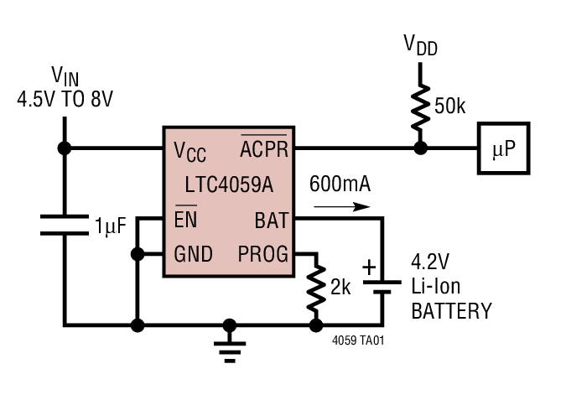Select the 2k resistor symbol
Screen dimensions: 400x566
click(x=316, y=287)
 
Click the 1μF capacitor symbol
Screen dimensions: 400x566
click(x=64, y=224)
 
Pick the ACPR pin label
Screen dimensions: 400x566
click(x=264, y=149)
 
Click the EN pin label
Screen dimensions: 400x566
click(x=186, y=221)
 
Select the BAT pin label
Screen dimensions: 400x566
click(x=271, y=221)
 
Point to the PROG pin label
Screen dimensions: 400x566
click(x=262, y=253)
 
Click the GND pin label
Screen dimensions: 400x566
click(x=193, y=253)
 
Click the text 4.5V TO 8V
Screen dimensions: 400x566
click(x=65, y=98)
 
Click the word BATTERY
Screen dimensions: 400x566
click(x=451, y=311)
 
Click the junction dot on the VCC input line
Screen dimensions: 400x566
click(x=64, y=148)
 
